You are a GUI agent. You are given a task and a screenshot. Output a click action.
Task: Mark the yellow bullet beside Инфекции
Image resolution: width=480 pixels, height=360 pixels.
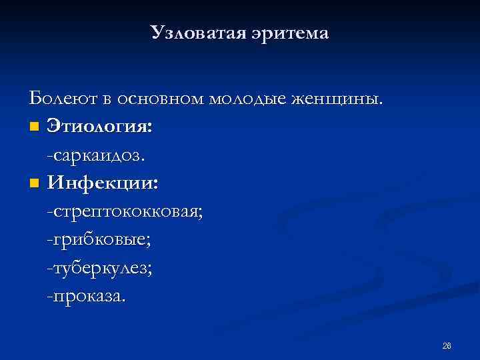pyautogui.click(x=34, y=183)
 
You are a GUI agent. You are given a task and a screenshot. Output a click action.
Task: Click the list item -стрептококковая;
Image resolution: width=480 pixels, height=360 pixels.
pyautogui.click(x=125, y=211)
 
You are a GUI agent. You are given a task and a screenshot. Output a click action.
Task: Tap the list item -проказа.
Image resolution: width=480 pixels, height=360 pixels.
pyautogui.click(x=85, y=295)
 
